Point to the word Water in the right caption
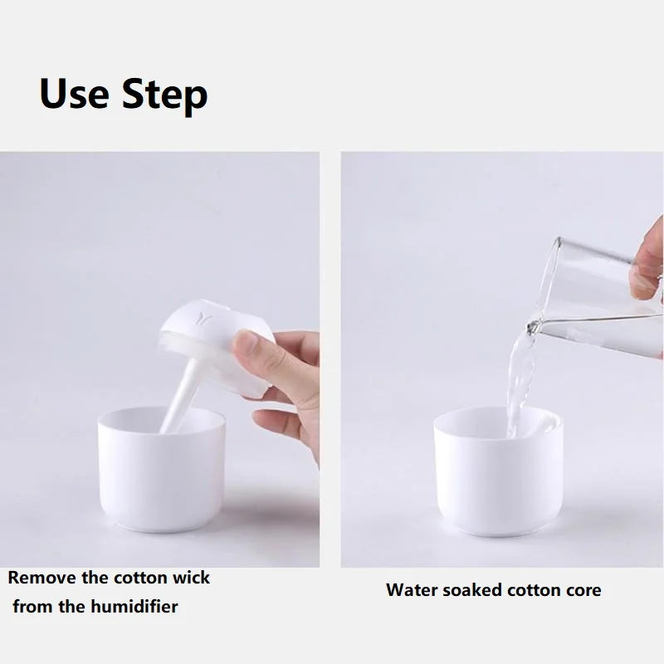click(411, 591)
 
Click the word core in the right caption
click(583, 591)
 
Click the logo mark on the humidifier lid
click(204, 316)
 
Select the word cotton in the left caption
click(137, 577)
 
